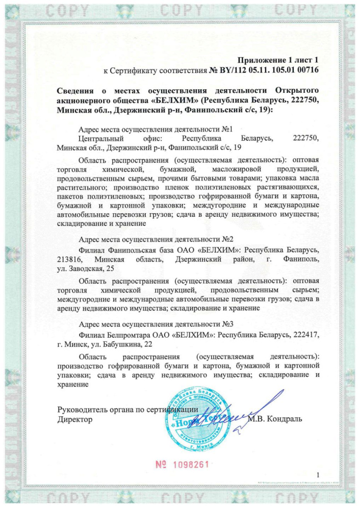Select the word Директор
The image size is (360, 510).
(75, 419)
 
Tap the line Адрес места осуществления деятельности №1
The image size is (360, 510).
(157, 130)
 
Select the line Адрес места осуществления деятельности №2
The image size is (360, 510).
(157, 240)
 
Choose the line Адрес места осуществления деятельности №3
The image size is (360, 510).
(157, 324)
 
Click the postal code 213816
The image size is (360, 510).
(70, 260)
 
